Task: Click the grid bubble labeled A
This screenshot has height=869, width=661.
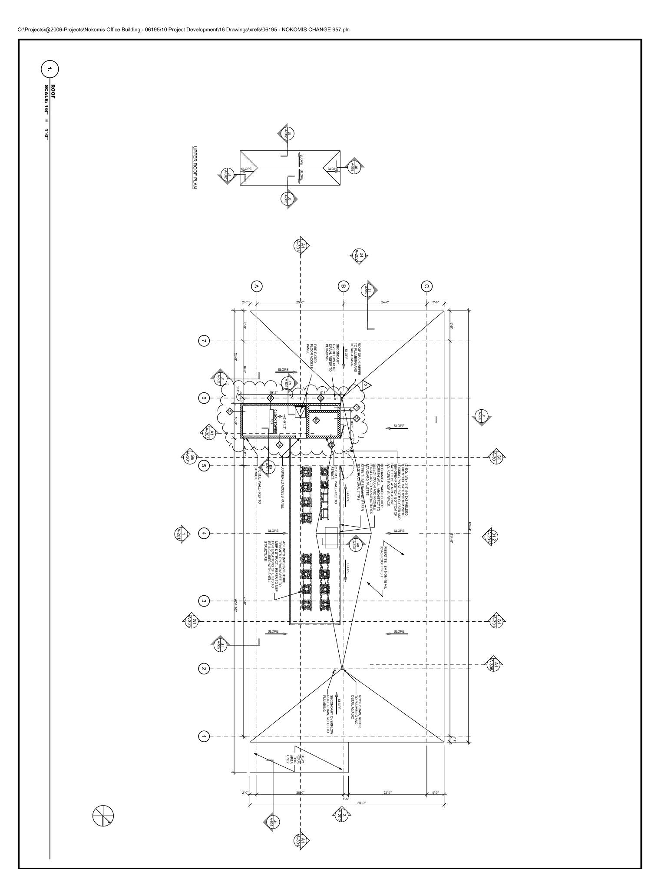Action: point(257,286)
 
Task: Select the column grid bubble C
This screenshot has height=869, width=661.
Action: point(426,286)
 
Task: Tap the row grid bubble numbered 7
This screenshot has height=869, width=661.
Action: point(204,341)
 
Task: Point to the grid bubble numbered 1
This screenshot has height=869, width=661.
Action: point(204,736)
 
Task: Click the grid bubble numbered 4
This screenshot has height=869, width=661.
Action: point(204,533)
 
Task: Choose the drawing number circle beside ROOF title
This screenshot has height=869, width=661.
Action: point(50,70)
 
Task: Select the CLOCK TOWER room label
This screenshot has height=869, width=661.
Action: point(275,420)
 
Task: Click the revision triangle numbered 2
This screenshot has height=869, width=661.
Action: point(365,385)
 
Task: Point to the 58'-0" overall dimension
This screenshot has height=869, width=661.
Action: point(361,803)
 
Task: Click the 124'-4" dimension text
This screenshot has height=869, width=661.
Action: point(469,527)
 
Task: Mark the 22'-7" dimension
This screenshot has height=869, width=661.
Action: point(388,793)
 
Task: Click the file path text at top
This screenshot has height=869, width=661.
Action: point(183,30)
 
